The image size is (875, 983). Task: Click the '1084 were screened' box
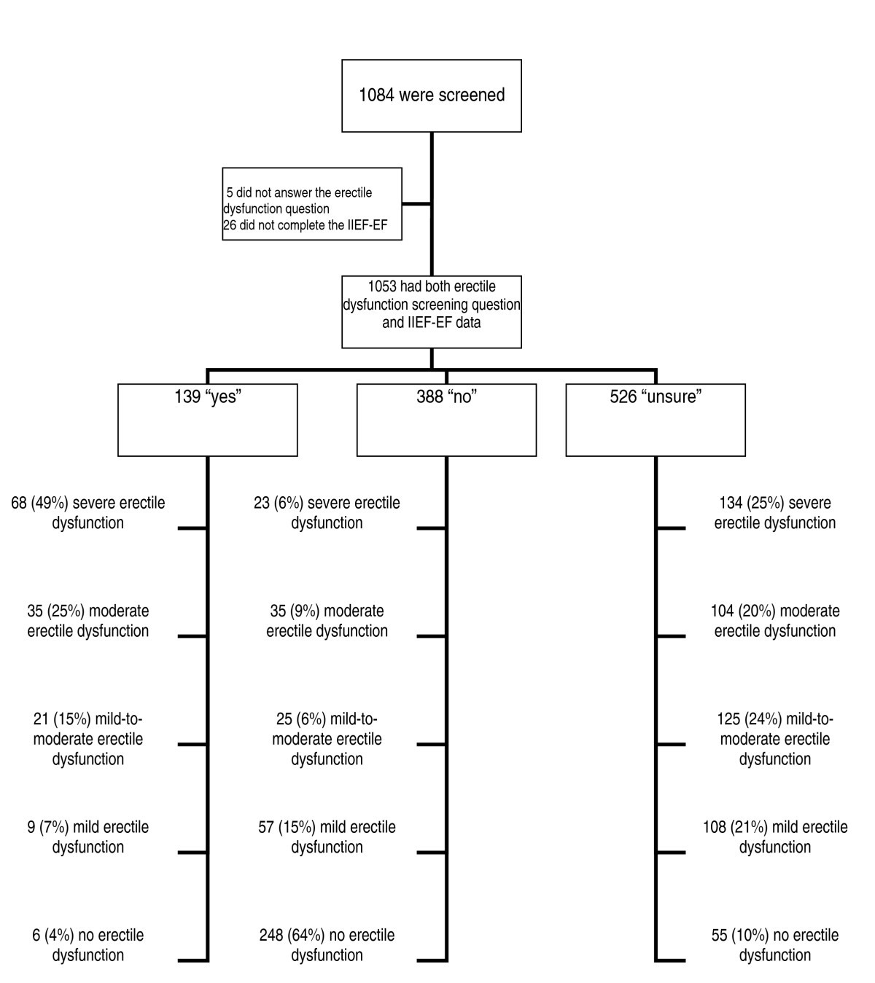432,95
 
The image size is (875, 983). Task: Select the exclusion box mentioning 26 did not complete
312,204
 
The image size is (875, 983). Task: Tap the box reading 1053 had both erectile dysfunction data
432,311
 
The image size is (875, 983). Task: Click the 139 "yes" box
208,420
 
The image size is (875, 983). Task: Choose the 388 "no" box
446,420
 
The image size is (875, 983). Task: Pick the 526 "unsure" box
656,420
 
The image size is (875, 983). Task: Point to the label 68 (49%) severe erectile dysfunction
88,513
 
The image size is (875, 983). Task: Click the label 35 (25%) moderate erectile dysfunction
88,621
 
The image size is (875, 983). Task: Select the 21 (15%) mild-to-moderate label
88,739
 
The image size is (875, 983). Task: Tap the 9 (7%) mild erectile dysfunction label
88,837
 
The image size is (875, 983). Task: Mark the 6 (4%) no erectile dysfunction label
88,945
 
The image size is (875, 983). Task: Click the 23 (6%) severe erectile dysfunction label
327,513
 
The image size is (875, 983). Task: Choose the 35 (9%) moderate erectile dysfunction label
327,621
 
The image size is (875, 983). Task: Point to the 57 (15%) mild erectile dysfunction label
327,837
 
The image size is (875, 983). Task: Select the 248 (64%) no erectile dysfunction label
327,945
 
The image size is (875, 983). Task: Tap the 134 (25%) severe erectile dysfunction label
774,513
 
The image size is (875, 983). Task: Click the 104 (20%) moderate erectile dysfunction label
774,621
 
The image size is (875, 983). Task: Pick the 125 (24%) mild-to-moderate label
774,739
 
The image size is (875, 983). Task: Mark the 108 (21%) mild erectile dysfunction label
774,837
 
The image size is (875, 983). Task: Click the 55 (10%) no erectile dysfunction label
774,945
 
